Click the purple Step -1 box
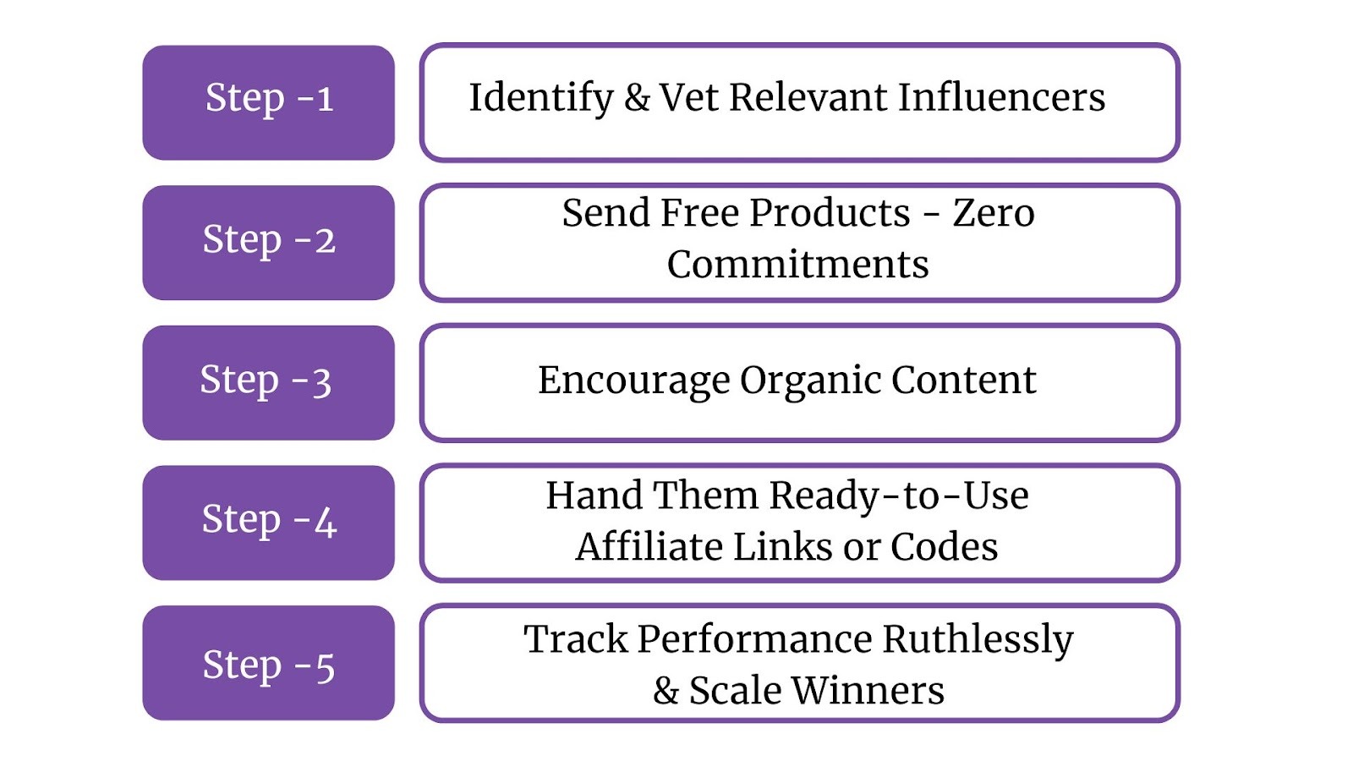(x=268, y=102)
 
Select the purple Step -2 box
(x=268, y=243)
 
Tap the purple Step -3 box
(x=268, y=382)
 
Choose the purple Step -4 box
(x=268, y=523)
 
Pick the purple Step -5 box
(x=268, y=663)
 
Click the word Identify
(x=541, y=98)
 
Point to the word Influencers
(x=1001, y=98)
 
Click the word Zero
(x=994, y=213)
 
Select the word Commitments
(x=797, y=265)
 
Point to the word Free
(x=699, y=213)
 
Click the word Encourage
(x=633, y=381)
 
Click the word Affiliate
(x=649, y=547)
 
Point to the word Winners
(x=868, y=691)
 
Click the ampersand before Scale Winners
(x=666, y=691)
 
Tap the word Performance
(x=754, y=640)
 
